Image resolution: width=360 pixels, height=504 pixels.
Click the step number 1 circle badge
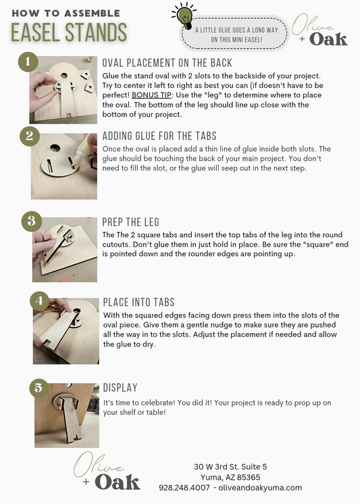click(28, 61)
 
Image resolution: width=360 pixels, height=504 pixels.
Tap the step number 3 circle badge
click(32, 221)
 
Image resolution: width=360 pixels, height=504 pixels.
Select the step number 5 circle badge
click(39, 388)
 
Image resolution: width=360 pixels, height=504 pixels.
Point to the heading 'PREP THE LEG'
click(130, 222)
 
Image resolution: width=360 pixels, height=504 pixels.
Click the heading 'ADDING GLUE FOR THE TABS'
click(159, 136)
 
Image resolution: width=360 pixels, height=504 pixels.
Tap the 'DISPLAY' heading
click(120, 388)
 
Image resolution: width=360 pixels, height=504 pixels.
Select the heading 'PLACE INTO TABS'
click(139, 302)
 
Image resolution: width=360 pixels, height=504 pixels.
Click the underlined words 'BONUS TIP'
click(151, 95)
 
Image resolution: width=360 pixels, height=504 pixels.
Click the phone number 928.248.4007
click(184, 488)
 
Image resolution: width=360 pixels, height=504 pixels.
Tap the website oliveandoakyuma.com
click(260, 488)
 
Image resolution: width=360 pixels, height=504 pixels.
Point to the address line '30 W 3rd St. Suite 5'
click(230, 466)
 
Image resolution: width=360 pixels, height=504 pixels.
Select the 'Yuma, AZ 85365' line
click(230, 477)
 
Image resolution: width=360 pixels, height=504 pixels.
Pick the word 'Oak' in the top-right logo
click(328, 39)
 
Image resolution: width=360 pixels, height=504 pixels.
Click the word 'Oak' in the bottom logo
click(118, 482)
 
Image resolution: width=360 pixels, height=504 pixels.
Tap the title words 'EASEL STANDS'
click(69, 32)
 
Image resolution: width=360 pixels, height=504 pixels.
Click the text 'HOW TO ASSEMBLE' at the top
click(66, 14)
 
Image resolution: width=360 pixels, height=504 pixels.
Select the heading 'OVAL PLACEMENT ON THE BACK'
click(167, 63)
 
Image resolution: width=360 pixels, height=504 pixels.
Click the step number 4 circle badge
click(40, 301)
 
